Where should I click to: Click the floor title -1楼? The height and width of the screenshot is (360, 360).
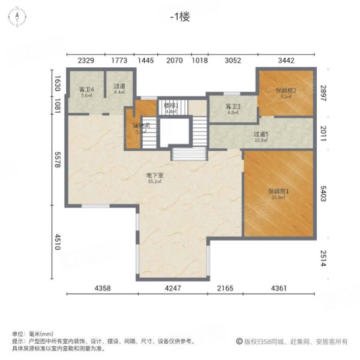179,17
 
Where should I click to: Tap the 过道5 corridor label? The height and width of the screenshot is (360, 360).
260,135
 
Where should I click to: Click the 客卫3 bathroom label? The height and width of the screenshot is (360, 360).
233,107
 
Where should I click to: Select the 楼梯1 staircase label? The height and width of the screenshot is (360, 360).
171,105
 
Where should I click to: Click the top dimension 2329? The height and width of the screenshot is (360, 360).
87,60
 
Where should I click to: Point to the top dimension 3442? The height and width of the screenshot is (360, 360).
286,60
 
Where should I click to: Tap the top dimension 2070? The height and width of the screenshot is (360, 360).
174,60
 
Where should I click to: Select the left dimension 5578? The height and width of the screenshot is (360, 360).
58,161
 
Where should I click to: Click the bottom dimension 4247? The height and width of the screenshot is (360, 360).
173,289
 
